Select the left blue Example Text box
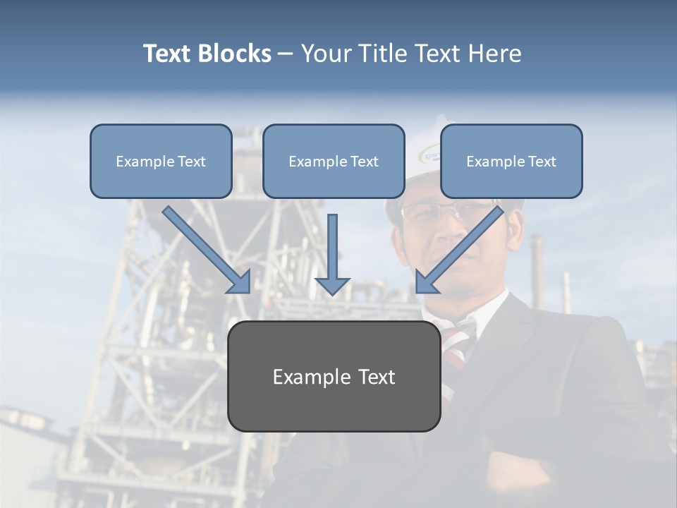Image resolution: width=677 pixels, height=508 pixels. coord(161,161)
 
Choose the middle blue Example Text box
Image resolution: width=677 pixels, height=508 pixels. coord(334,161)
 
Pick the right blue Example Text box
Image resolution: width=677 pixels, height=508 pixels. coord(511,161)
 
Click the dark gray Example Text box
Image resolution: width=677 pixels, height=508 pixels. coord(334,376)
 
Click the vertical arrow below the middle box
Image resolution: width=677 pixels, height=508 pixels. coord(332,247)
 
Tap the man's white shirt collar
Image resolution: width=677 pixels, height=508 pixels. coord(487,310)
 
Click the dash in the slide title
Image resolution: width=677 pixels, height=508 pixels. coord(286,54)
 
